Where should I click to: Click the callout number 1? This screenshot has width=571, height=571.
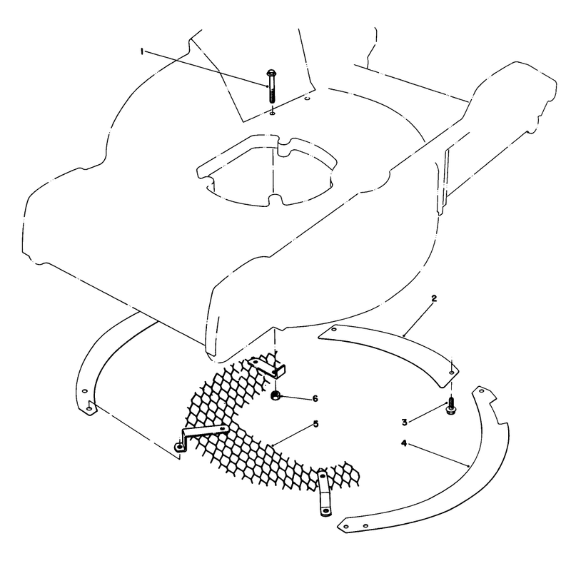point(141,52)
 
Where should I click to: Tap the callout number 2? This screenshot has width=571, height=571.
point(433,298)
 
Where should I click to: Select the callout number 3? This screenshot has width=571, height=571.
point(404,423)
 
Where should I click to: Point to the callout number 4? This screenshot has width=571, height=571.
point(404,443)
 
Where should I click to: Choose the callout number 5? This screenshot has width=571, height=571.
point(315,424)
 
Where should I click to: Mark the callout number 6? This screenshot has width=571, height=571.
point(315,399)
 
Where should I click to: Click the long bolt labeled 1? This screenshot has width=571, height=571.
point(271,86)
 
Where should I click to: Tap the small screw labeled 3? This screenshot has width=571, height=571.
point(451,405)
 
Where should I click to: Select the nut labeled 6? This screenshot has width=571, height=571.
point(276,395)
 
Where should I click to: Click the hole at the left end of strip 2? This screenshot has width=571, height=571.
point(334,329)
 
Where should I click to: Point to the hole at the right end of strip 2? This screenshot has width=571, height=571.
point(452,373)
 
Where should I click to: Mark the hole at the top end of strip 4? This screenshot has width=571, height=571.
point(481,391)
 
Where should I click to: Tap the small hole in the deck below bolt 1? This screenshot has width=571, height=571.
point(272,114)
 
